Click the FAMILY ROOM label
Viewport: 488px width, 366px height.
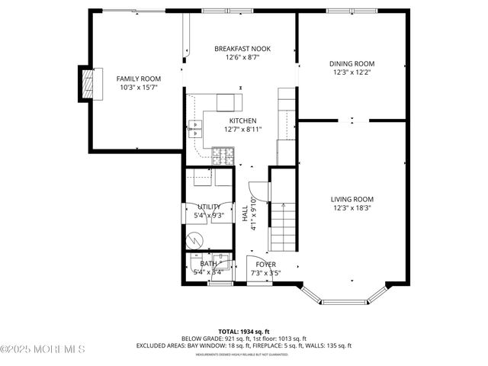pos(138,79)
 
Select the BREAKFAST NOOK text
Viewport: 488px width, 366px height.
pos(242,49)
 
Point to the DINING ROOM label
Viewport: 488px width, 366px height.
pos(352,64)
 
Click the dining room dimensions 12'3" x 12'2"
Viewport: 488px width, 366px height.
pos(352,73)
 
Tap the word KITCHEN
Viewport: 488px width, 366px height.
pos(242,120)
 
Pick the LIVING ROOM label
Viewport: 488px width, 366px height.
pos(352,199)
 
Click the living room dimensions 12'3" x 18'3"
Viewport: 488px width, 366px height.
pos(352,208)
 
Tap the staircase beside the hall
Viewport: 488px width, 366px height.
pos(284,217)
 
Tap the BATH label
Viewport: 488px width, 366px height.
pos(208,264)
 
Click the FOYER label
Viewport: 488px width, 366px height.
pos(265,264)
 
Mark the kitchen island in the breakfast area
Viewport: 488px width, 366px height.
pos(229,102)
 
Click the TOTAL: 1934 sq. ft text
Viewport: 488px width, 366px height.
pos(243,332)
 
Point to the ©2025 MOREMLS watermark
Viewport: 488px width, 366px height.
pos(43,349)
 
